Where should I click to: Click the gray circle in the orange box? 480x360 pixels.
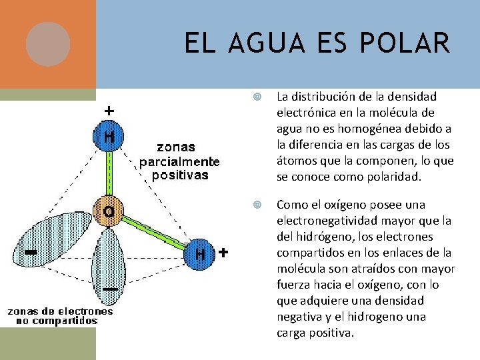tap(48, 44)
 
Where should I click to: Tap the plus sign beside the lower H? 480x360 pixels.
tap(223, 253)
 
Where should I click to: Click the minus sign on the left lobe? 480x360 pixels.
tap(30, 253)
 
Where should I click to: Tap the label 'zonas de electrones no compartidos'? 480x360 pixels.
tap(60, 315)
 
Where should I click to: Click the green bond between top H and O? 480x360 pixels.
tap(108, 173)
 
